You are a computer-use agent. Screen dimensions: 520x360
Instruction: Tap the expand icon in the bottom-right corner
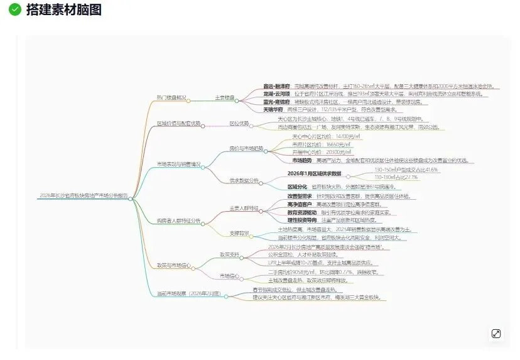[x=496, y=334]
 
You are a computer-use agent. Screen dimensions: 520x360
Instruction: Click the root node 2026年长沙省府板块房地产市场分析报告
[x=83, y=196]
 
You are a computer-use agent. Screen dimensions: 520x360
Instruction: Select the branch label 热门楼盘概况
[x=171, y=97]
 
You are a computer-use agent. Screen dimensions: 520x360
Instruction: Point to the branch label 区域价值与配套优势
[x=179, y=124]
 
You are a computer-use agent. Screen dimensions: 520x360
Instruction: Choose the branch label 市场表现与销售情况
[x=179, y=165]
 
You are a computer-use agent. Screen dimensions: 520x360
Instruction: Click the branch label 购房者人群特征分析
[x=179, y=221]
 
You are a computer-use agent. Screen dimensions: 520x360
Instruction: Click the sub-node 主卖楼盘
[x=224, y=97]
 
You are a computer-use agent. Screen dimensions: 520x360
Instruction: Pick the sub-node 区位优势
[x=239, y=124]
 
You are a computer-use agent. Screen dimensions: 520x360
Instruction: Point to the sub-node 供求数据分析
[x=244, y=181]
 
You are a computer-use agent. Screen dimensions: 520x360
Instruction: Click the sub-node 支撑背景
[x=239, y=233]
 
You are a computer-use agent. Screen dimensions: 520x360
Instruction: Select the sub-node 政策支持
[x=230, y=254]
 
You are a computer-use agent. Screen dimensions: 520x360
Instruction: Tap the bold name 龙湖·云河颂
[x=277, y=94]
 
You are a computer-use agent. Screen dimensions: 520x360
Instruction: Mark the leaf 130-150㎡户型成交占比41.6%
[x=406, y=170]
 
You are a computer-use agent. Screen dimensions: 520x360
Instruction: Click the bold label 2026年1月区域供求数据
[x=314, y=173]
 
